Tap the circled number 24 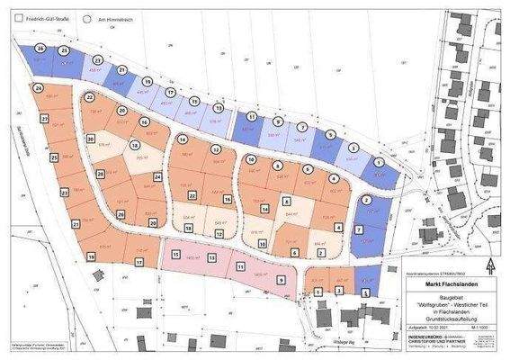(39, 88)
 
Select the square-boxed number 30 (91, 138)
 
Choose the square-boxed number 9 (281, 280)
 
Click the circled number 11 (252, 117)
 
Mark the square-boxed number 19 (91, 257)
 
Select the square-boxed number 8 (286, 202)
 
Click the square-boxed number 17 (139, 261)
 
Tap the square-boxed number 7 (360, 230)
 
